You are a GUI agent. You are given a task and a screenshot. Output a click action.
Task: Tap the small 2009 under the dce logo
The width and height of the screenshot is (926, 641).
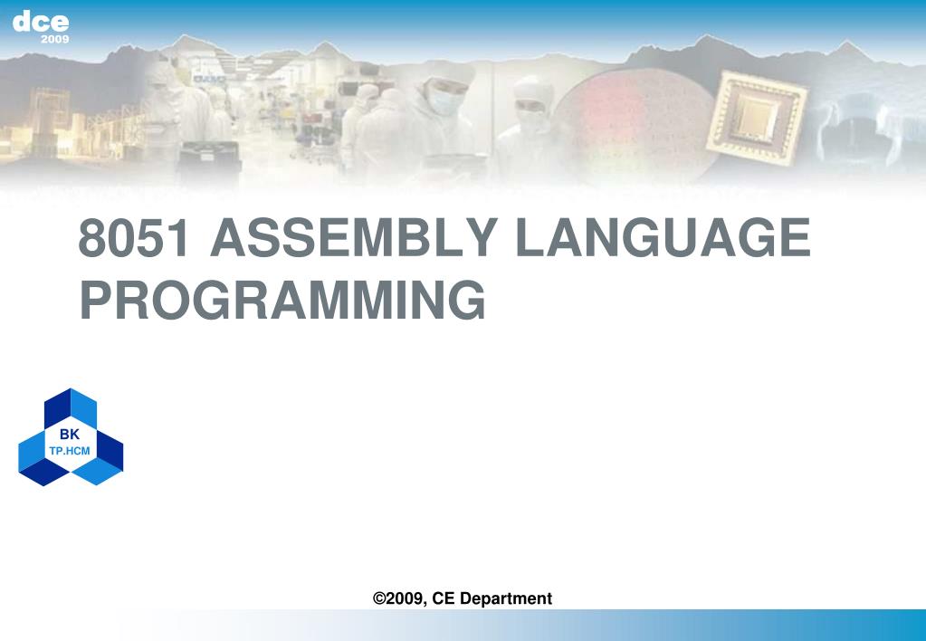(x=54, y=40)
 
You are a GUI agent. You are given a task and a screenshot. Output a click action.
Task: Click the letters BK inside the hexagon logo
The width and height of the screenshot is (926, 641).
(x=70, y=435)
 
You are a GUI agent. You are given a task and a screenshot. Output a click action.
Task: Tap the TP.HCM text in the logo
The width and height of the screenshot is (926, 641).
(x=70, y=450)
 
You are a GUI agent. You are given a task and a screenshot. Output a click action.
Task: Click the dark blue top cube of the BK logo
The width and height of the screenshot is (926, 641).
(x=71, y=407)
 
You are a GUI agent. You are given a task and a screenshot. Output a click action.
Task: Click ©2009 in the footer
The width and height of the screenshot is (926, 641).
(x=399, y=598)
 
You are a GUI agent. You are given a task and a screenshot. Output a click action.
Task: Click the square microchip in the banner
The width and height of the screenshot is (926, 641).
(x=759, y=110)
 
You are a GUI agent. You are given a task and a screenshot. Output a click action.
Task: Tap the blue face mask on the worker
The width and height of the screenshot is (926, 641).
(x=443, y=101)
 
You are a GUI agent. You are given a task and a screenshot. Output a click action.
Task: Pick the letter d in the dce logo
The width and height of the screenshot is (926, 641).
(x=23, y=23)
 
